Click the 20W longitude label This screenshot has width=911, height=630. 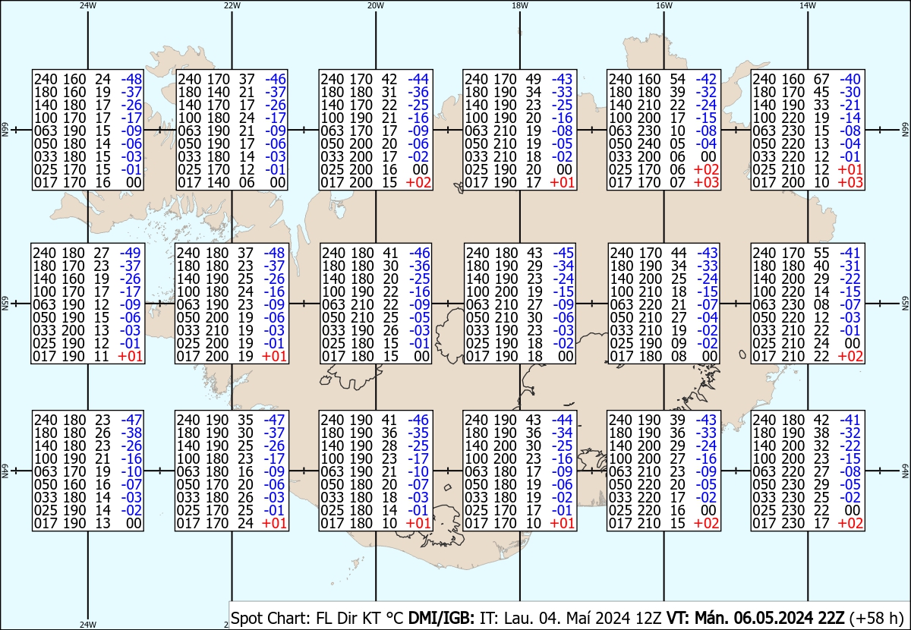375,5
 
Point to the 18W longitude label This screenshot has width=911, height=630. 519,5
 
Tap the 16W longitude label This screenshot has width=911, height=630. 664,5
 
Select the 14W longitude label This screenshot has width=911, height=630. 808,5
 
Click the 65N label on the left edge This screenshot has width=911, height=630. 4,304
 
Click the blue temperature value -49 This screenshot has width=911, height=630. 131,253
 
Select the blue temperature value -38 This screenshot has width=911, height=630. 131,433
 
